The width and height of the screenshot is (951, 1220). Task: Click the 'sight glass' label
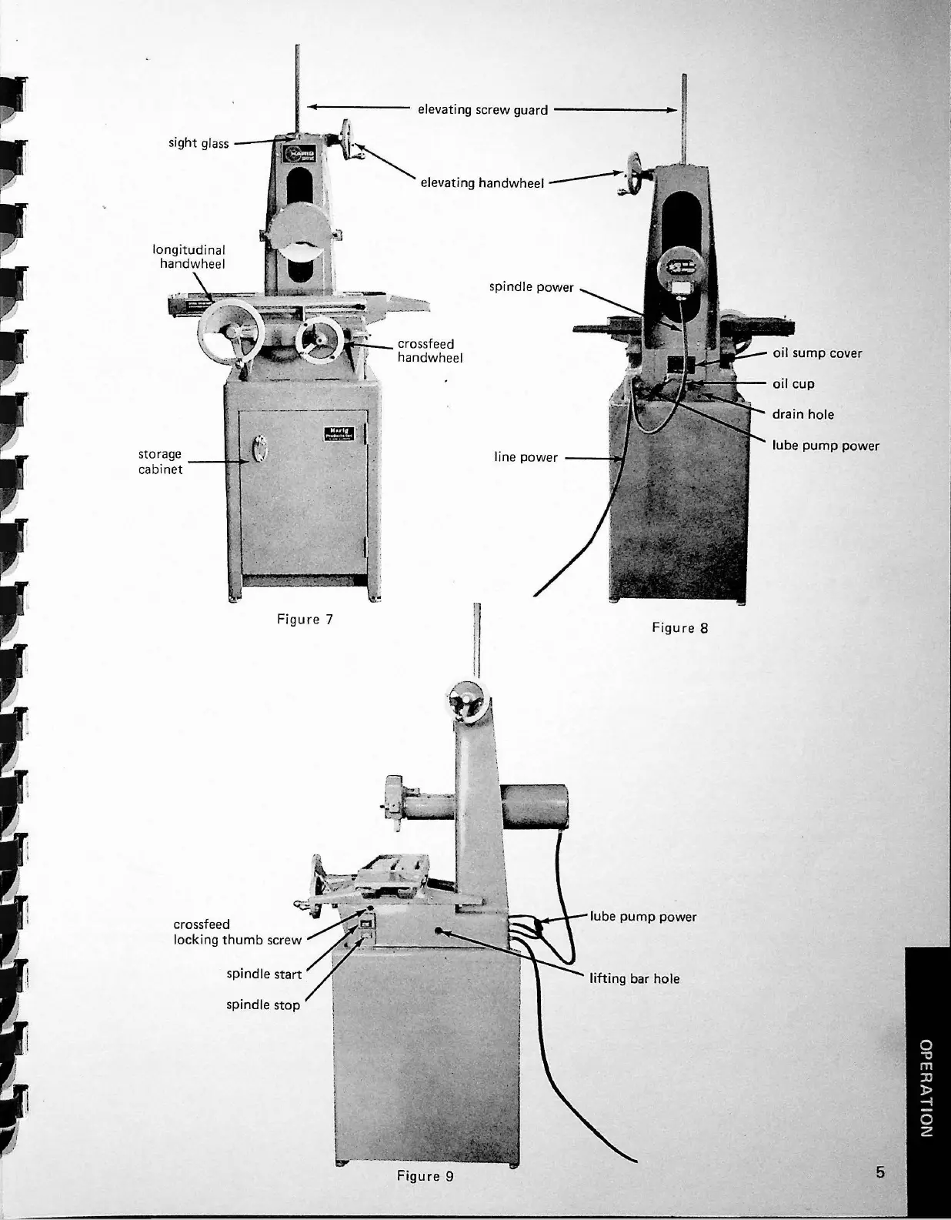(199, 143)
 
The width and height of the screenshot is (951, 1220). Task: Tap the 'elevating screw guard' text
(482, 110)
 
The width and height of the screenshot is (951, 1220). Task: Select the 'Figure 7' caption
(305, 619)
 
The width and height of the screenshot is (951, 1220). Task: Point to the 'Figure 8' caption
(679, 628)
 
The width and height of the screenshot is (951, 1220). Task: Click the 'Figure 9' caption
(425, 1176)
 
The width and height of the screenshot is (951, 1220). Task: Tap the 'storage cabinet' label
(160, 462)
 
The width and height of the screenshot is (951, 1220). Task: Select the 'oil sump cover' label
(817, 353)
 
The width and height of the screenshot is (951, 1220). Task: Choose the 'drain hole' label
(803, 414)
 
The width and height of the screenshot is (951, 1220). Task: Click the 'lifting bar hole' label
(634, 979)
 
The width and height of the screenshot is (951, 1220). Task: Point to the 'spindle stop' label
(263, 1005)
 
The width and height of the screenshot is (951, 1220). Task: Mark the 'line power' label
(526, 457)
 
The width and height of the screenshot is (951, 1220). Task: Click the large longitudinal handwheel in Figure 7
(230, 333)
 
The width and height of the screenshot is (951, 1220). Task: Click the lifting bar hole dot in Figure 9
(440, 930)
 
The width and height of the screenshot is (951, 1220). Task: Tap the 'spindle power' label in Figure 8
(531, 287)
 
